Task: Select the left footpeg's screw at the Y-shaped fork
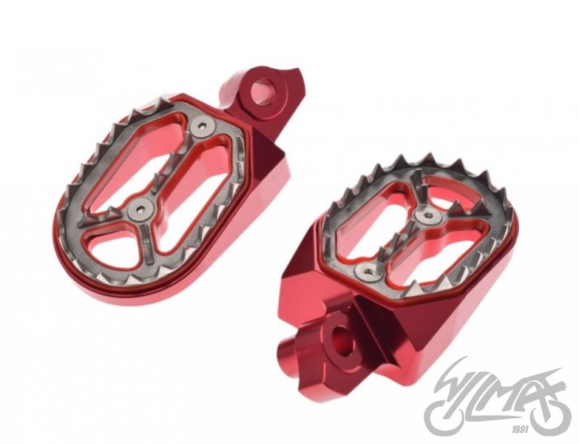pos(140,210)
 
